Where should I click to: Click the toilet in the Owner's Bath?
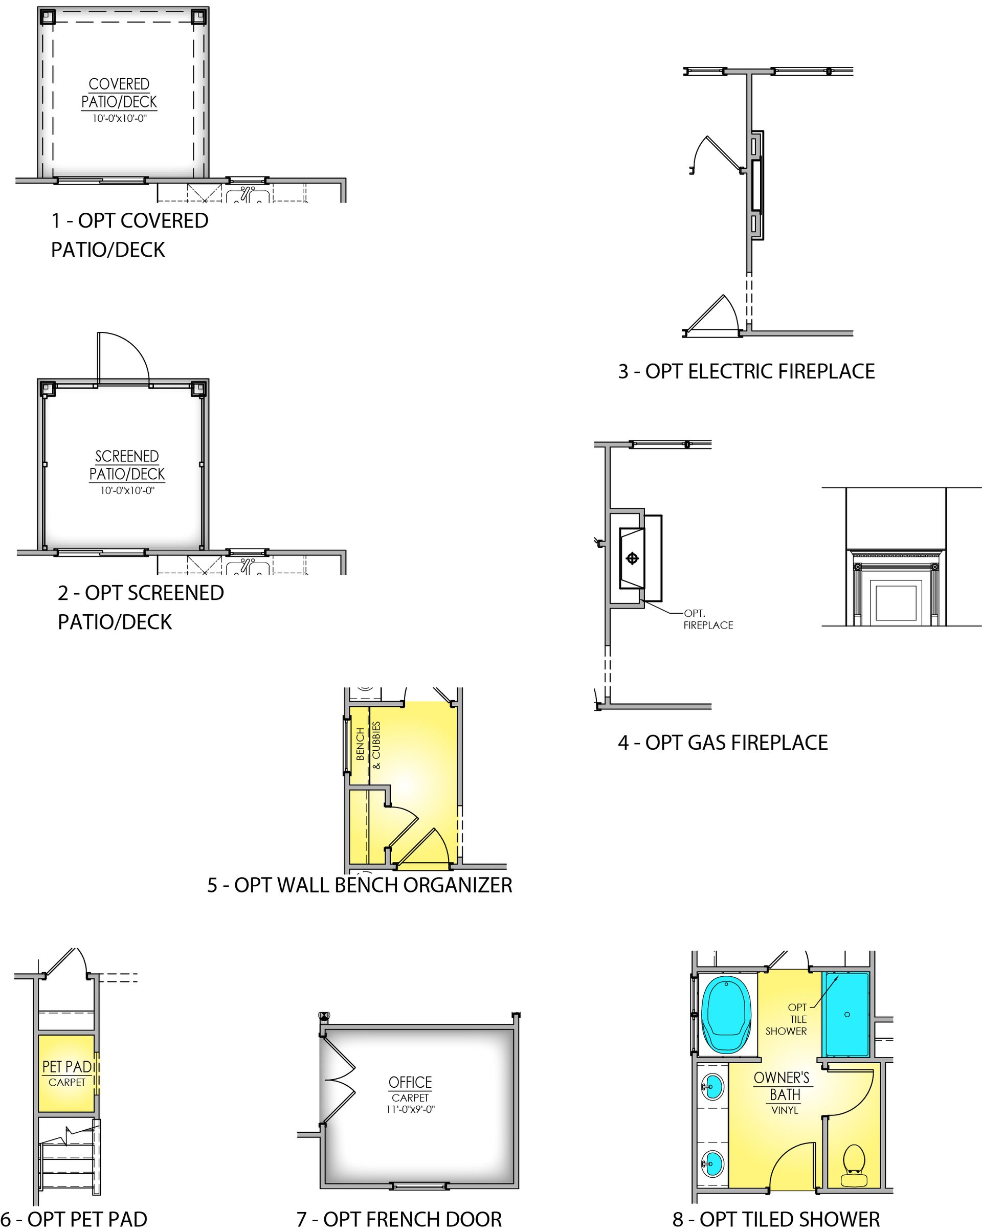click(x=854, y=1167)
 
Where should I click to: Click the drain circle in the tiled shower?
click(x=847, y=1014)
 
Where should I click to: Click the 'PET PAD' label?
click(x=68, y=1066)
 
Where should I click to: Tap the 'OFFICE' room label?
click(x=410, y=1082)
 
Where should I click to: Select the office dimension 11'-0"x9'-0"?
click(x=410, y=1110)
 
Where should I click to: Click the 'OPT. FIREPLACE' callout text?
click(x=708, y=619)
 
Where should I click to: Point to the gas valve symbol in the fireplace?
click(x=632, y=558)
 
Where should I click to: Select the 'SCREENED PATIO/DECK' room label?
click(x=127, y=465)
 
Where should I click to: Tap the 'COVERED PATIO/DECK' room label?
click(x=119, y=93)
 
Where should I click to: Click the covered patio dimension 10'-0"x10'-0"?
click(x=120, y=119)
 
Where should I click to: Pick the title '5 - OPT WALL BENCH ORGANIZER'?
click(x=360, y=885)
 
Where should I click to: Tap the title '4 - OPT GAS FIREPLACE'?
click(x=723, y=743)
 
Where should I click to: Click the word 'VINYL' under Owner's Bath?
click(x=785, y=1110)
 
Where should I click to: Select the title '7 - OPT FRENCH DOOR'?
click(x=399, y=1219)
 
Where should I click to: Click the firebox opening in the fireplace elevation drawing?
click(x=896, y=603)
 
